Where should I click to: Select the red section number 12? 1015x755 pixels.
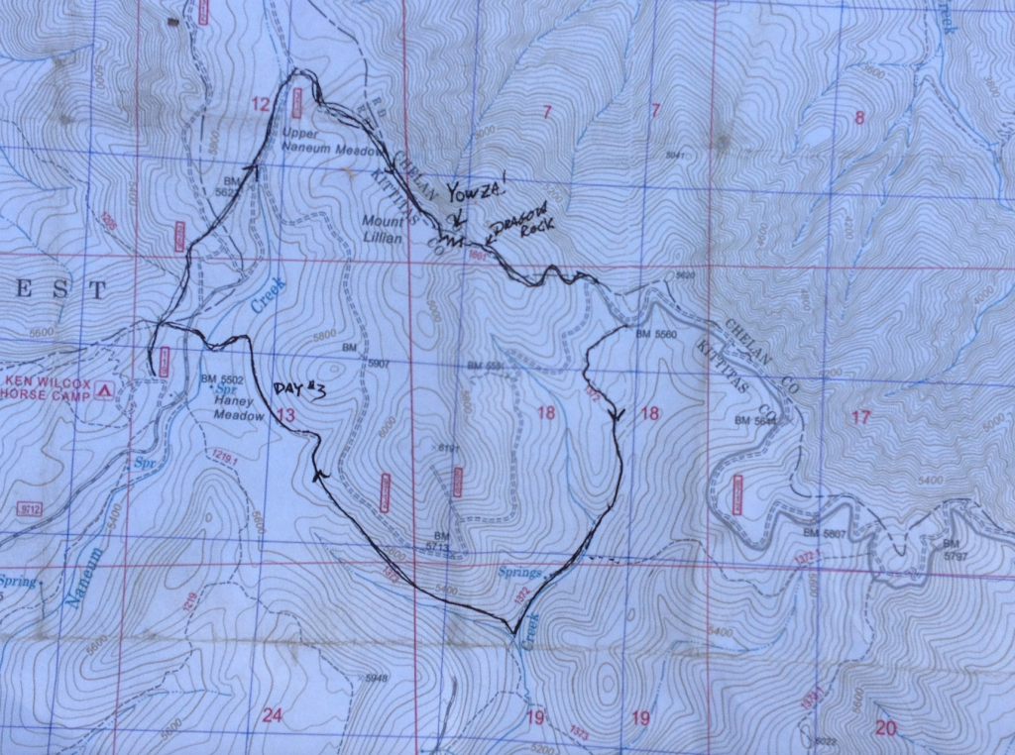click(x=261, y=105)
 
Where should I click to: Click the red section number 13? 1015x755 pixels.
click(x=285, y=416)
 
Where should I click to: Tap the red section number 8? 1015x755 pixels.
click(x=859, y=118)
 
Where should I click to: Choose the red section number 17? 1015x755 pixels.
click(x=860, y=417)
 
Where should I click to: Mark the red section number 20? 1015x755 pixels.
click(x=886, y=728)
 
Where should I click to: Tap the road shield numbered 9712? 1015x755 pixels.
click(x=30, y=509)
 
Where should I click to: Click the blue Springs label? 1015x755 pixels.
click(x=521, y=573)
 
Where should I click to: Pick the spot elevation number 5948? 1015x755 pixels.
click(x=377, y=679)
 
